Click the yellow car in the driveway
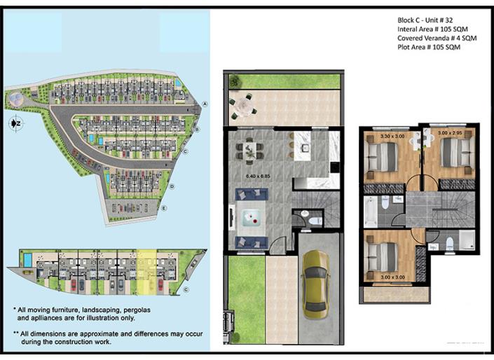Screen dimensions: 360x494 [x=315, y=284]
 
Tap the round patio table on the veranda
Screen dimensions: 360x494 [x=242, y=105]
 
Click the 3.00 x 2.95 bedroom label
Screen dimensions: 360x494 [x=450, y=132]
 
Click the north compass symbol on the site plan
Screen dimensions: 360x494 [x=15, y=124]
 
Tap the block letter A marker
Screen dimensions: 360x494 [x=205, y=104]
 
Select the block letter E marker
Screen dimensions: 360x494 [x=163, y=208]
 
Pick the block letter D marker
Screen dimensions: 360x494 [x=171, y=186]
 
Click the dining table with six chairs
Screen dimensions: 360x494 [x=246, y=149]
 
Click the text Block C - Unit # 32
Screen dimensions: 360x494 [x=427, y=20]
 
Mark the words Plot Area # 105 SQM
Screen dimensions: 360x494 [x=428, y=47]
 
